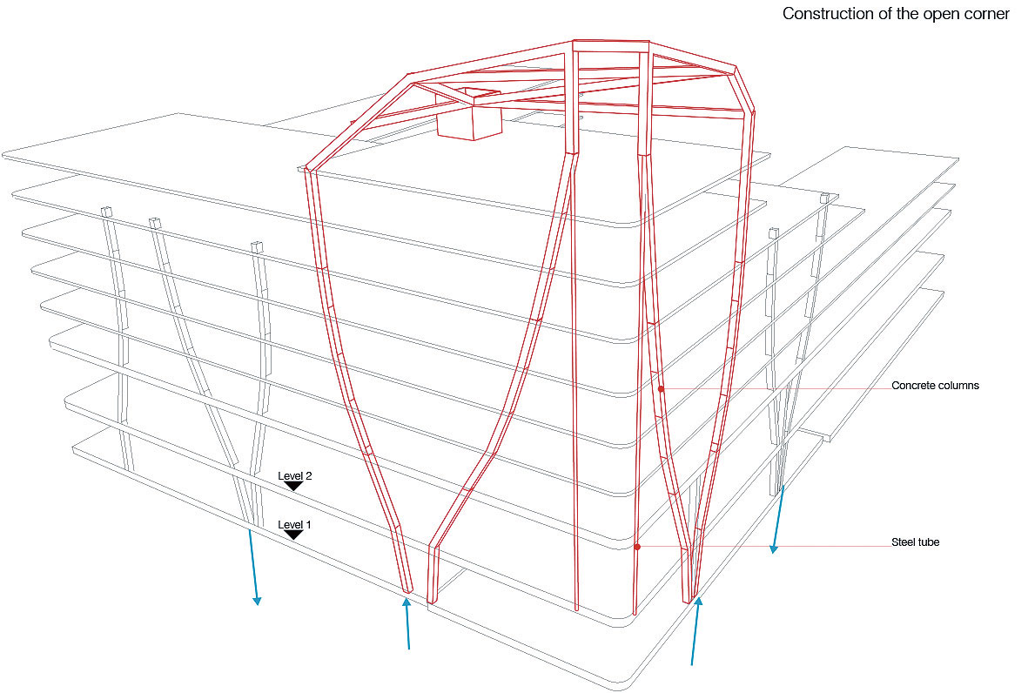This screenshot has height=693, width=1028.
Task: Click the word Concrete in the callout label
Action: tap(913, 386)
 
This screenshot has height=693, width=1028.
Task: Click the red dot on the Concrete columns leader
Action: tap(661, 389)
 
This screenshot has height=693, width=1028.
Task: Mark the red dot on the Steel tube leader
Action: tap(637, 547)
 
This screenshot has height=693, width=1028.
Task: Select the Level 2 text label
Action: tap(294, 476)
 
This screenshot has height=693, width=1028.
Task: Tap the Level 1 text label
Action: tap(294, 525)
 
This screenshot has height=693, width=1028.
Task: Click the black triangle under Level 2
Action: tap(294, 486)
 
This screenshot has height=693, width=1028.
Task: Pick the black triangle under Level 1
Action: tap(294, 535)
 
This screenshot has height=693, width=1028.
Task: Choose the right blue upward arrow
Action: tap(695, 631)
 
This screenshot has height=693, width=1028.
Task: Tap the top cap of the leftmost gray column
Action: tap(106, 212)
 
